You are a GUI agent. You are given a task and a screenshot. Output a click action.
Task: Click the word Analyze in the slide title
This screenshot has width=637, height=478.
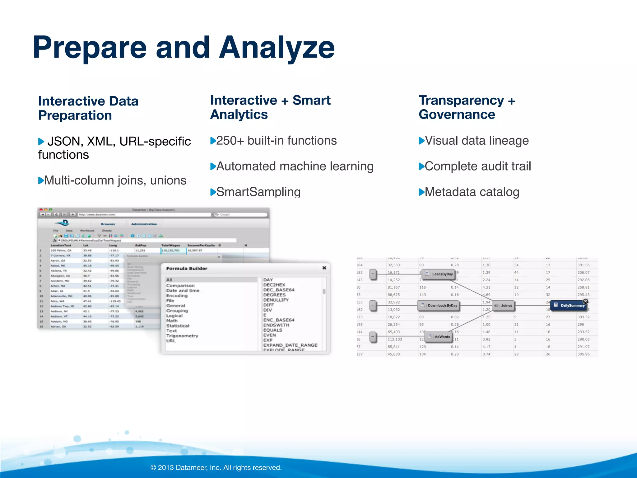coord(277,48)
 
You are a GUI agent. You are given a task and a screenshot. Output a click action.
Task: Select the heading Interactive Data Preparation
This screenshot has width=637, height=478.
coord(88,108)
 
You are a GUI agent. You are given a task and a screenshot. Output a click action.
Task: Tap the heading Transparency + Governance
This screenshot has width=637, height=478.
coord(467,107)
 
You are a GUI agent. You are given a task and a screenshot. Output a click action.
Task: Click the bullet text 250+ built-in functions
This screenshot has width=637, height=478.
coord(276,141)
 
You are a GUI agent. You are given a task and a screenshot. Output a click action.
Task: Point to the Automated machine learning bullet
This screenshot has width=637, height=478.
coord(295,166)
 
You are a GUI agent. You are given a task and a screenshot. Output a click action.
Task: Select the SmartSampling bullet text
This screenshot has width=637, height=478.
coord(258,192)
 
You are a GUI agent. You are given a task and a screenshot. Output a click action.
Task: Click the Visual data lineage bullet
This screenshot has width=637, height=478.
coord(477,141)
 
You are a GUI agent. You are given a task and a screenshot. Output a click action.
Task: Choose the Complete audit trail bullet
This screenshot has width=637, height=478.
coord(478,166)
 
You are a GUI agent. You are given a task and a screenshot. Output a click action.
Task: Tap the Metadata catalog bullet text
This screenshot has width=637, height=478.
coord(472,192)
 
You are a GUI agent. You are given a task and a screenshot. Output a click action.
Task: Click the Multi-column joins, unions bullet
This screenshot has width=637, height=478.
coord(115,180)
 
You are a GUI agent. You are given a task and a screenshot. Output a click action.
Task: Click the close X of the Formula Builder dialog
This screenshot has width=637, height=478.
coord(324,268)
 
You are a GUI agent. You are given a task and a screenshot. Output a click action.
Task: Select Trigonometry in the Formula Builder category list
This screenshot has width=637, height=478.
coord(182,336)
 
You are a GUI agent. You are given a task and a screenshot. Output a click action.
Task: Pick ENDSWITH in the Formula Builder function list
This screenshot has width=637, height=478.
coord(276,325)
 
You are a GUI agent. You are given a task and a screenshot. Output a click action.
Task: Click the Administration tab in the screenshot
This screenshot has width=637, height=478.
coord(144,224)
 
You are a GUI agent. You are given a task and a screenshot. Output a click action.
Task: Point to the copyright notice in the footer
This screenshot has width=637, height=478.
coord(216,467)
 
